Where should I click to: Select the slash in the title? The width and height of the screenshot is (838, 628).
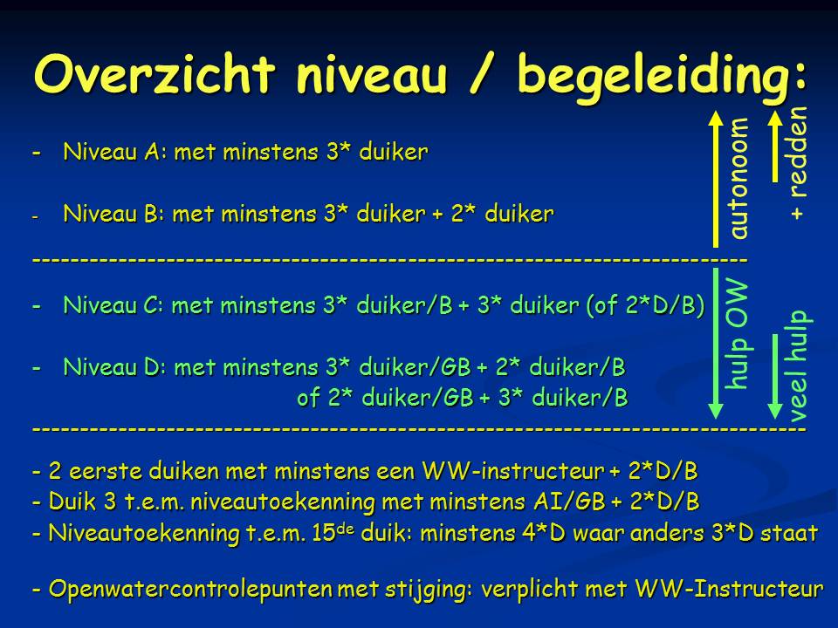(x=481, y=75)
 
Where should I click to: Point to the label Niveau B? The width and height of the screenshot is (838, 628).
(x=114, y=214)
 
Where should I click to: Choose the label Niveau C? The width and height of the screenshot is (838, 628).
(x=114, y=305)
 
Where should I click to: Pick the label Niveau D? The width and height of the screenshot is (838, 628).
(x=115, y=367)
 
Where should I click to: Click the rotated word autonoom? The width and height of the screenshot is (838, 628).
(x=738, y=178)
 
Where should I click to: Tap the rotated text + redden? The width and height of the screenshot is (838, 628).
(x=797, y=163)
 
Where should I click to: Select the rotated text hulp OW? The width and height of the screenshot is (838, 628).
(x=737, y=334)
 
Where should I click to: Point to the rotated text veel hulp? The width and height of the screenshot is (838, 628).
(x=799, y=365)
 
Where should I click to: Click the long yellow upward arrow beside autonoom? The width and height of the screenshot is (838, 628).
(x=716, y=178)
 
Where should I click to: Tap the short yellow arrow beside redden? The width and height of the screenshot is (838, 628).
(x=775, y=146)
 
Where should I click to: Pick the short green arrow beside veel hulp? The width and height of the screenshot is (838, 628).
(x=775, y=377)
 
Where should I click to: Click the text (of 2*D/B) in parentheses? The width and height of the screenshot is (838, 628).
(x=646, y=305)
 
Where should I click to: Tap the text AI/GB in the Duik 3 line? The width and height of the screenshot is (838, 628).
(x=569, y=502)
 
